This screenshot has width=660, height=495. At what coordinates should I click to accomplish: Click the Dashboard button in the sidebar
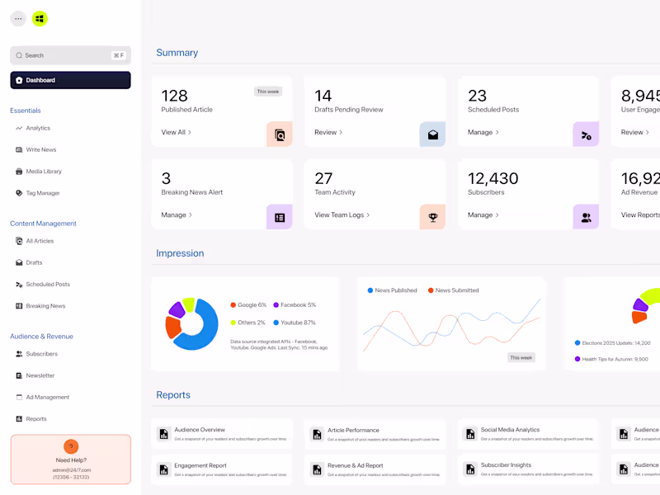(70, 80)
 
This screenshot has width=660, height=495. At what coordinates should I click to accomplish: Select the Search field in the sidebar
(70, 55)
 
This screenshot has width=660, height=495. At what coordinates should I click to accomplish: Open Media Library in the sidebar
(44, 172)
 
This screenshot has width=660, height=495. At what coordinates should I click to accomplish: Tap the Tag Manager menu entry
(43, 193)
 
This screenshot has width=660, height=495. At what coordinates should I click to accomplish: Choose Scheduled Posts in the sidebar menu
(48, 285)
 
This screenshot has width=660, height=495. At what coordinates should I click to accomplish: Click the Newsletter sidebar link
(40, 375)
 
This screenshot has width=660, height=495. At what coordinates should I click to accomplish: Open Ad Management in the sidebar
(48, 397)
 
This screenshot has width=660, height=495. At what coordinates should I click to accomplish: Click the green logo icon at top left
(40, 18)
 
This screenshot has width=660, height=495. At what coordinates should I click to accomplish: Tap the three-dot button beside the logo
(18, 18)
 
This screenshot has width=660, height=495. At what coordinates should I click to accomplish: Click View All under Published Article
(176, 132)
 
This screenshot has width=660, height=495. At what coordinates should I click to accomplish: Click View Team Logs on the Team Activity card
(342, 214)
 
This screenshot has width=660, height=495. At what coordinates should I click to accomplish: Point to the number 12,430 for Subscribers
(493, 178)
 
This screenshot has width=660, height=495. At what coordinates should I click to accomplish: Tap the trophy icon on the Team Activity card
(432, 217)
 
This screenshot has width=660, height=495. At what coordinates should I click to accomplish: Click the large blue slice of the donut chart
(200, 330)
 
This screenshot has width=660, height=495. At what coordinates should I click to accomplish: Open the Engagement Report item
(200, 466)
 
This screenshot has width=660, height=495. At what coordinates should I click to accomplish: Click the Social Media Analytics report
(510, 430)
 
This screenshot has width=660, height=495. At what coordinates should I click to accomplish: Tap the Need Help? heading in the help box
(71, 460)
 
